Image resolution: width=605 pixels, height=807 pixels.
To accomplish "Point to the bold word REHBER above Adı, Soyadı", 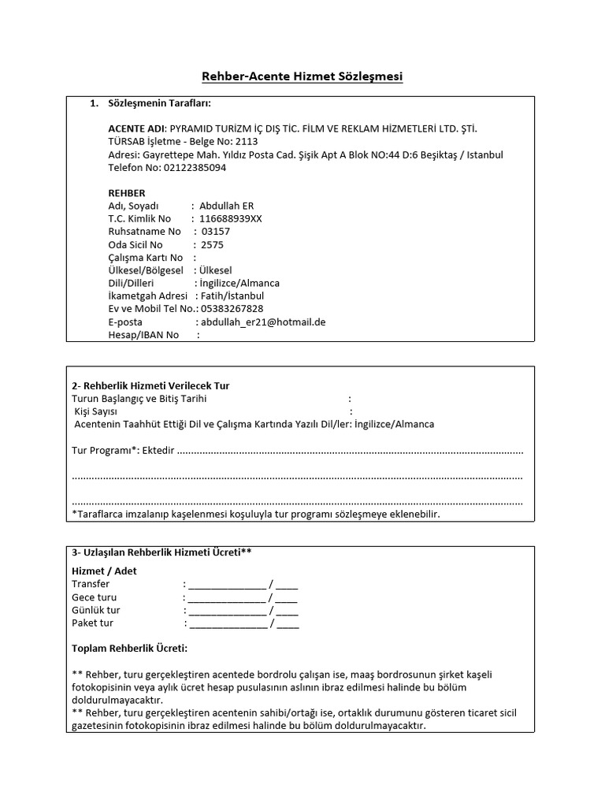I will [x=126, y=193].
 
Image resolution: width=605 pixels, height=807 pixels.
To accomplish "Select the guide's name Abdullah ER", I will [x=221, y=206].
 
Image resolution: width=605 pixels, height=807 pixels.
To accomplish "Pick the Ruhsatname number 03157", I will [x=216, y=232].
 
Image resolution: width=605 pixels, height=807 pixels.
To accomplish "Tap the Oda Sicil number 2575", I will [x=213, y=244].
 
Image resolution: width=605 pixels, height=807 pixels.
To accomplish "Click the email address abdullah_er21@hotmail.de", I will [x=263, y=322].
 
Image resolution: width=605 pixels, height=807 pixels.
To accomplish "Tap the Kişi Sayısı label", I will [x=95, y=411].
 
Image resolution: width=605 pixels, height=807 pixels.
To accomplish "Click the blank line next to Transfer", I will [x=227, y=585].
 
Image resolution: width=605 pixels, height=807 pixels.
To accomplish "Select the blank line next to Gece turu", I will [x=227, y=597].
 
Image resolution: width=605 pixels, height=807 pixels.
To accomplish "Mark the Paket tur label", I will [x=93, y=623].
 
